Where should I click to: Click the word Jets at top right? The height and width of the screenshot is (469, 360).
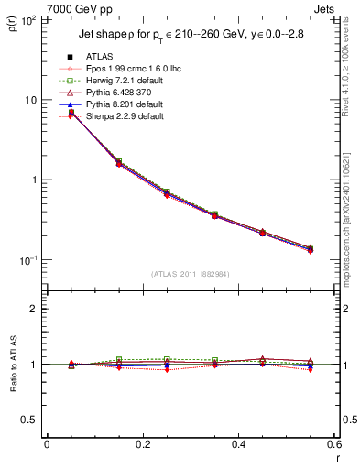337,7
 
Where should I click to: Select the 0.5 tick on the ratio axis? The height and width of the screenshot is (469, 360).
34,420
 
